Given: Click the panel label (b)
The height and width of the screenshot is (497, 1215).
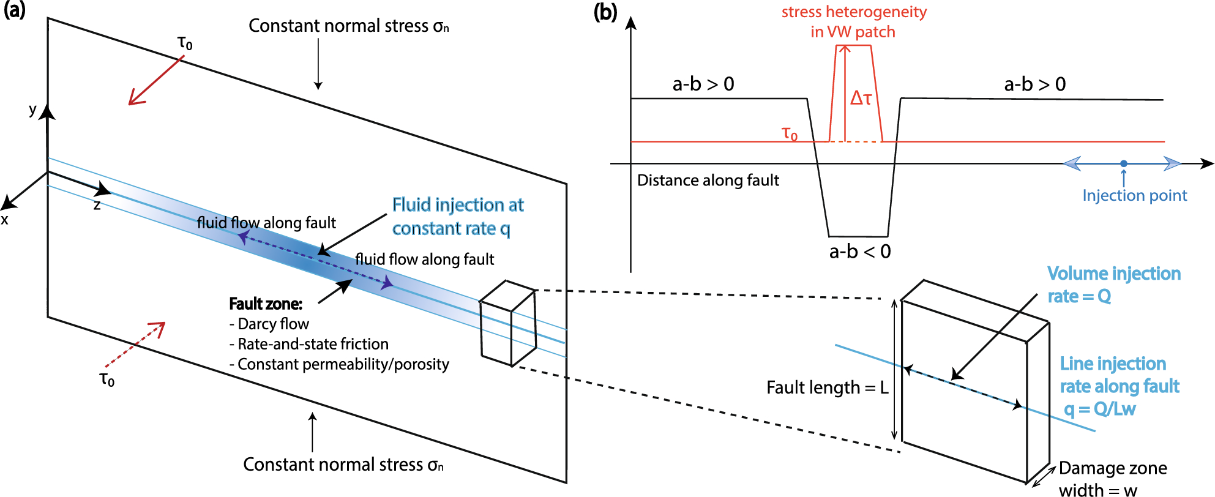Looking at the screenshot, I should point(605,12).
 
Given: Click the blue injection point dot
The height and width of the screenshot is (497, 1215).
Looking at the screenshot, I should point(1124,163).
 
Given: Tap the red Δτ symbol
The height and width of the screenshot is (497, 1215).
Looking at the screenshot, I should point(861,98).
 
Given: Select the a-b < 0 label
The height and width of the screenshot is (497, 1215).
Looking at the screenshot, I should point(859,252).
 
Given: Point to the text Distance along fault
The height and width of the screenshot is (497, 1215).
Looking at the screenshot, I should point(708,181).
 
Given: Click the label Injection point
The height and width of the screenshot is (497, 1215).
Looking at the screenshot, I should point(1134,196).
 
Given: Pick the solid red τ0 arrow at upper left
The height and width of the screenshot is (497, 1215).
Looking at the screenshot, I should point(155,81).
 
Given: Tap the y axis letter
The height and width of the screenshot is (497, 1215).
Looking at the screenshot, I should point(32,110).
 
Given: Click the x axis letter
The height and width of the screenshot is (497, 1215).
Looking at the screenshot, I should point(5,220).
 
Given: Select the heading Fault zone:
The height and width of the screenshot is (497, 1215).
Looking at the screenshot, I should point(265,304).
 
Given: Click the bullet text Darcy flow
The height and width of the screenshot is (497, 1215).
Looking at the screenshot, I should point(273,324).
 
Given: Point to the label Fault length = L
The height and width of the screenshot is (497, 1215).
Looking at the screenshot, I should point(827,387).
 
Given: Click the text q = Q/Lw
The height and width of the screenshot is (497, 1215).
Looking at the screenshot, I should point(1099,409).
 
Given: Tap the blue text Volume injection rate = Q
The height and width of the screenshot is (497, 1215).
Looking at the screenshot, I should point(1113,285).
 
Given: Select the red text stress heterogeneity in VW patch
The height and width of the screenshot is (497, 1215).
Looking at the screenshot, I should point(853,21).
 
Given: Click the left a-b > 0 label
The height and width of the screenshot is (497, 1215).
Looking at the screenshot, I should point(703,84).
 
